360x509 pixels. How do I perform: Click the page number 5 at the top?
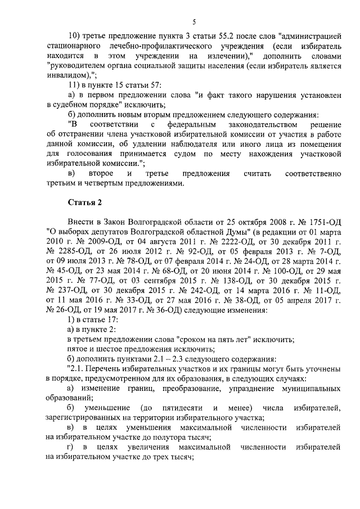(x=193, y=22)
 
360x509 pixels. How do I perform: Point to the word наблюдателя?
(x=176, y=143)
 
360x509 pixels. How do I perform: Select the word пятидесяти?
(x=182, y=407)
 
